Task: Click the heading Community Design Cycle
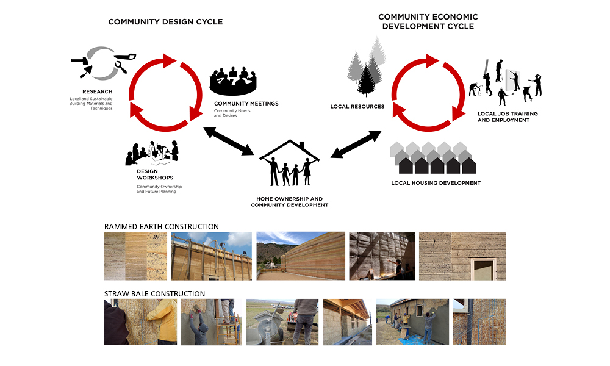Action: [x=165, y=22]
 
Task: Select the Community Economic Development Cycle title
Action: [x=428, y=21]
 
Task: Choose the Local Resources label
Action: [x=357, y=107]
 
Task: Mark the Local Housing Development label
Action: [x=436, y=183]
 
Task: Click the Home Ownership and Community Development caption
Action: [x=290, y=202]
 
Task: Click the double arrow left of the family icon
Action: [x=229, y=141]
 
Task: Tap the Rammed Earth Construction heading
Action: [x=161, y=227]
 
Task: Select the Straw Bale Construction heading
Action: [x=154, y=294]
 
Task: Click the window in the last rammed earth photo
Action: [x=484, y=267]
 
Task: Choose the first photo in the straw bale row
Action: [x=140, y=322]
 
